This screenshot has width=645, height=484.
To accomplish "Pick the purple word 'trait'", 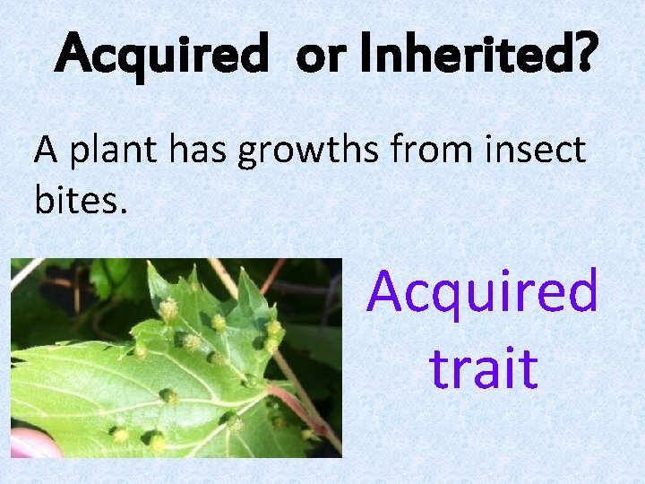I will [483, 367].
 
